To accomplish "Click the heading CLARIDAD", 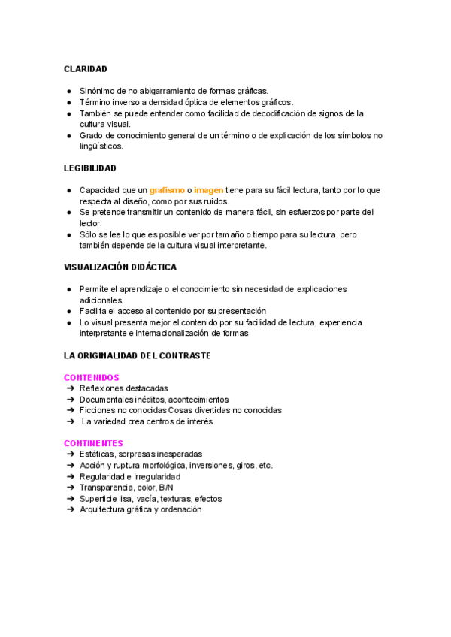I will pos(85,69).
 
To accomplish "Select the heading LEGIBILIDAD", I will pos(89,168).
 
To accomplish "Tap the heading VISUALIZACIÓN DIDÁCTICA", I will pos(120,267).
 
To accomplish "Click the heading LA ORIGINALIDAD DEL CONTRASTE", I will pos(137,355).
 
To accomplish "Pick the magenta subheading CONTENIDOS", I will pos(91,377).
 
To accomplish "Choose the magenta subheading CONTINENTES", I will pos(93,443).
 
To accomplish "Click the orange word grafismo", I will pos(167,190).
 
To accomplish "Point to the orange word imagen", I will pos(208,190).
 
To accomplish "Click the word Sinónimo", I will pos(98,91).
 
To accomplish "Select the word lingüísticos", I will pos(101,146).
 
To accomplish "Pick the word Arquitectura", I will pos(104,509).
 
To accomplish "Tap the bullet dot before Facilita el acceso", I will pos(68,311).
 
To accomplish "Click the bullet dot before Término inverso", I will pos(68,102).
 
